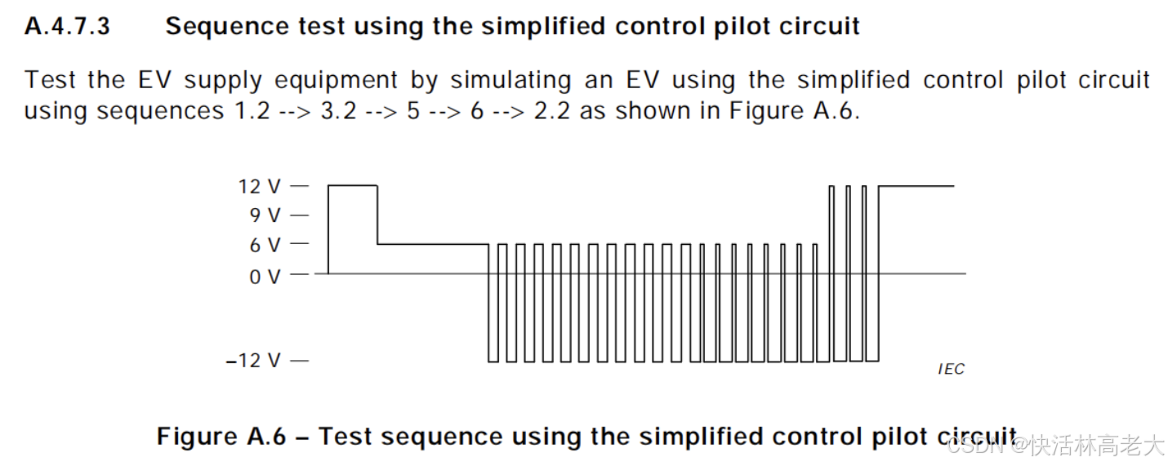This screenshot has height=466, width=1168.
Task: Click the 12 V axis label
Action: [x=259, y=187]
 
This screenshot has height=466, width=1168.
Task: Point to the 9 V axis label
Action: [x=265, y=215]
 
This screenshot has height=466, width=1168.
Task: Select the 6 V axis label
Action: [x=265, y=245]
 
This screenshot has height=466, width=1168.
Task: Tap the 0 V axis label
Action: [x=265, y=277]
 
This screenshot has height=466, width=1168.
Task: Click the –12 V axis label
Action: [x=253, y=361]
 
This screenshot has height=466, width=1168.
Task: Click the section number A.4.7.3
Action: [x=67, y=26]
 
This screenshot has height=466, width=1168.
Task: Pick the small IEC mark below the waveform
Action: [x=951, y=370]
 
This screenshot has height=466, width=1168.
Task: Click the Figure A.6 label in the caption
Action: [x=221, y=436]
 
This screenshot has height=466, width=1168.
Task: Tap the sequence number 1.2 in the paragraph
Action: [x=247, y=111]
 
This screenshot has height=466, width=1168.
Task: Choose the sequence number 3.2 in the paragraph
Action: [x=338, y=111]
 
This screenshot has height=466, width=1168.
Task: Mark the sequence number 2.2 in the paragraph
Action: [x=553, y=111]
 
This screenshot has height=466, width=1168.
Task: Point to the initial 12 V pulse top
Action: [x=352, y=186]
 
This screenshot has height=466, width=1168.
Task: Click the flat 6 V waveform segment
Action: [x=433, y=244]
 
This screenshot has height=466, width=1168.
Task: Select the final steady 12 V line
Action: [x=916, y=186]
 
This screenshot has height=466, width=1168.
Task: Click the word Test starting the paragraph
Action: [x=51, y=81]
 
